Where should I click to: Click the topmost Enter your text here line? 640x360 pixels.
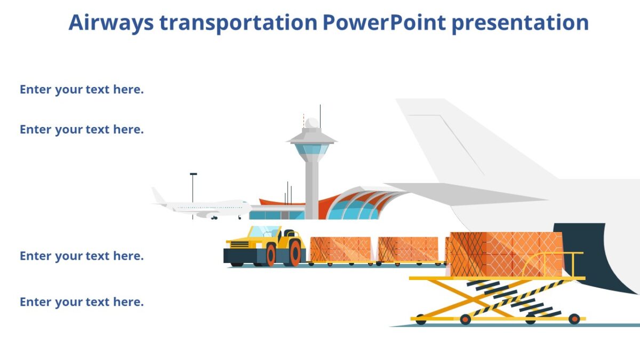(82, 90)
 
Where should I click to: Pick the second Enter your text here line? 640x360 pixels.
(82, 130)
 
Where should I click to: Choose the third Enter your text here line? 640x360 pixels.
(82, 256)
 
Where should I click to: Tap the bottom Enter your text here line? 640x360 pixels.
(82, 302)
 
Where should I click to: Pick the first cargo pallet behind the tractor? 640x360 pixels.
(340, 249)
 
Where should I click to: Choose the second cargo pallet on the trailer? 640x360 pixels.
(408, 249)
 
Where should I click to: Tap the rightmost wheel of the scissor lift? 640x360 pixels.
(574, 319)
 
